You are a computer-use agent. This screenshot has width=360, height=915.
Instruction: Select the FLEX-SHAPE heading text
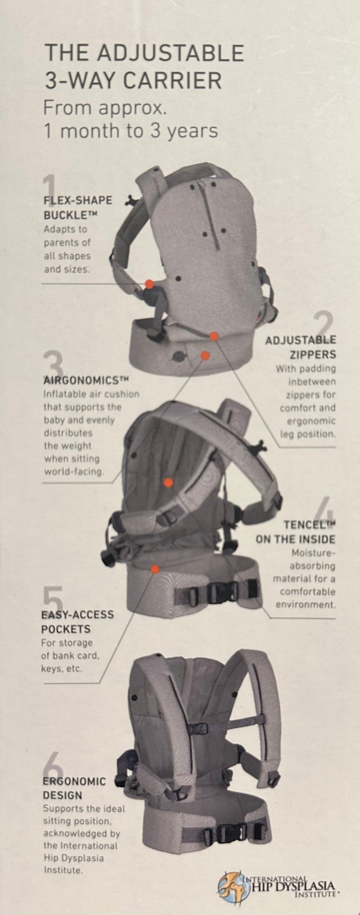78,200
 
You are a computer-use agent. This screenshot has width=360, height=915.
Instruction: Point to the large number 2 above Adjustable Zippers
323,325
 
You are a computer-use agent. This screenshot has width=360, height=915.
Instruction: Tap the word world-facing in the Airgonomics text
73,472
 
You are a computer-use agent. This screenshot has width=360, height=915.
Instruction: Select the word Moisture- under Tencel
313,553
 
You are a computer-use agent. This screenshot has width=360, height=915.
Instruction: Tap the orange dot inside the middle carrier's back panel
169,482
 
